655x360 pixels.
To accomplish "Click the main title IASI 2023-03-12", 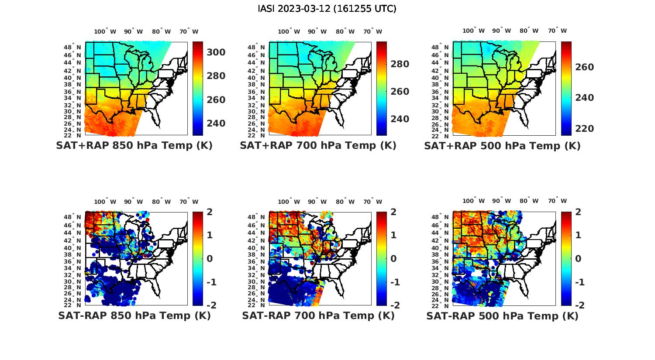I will click(x=327, y=9).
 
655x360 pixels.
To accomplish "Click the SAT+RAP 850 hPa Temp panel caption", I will click(x=134, y=146).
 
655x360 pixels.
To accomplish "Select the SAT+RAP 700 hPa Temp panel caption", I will click(x=318, y=146).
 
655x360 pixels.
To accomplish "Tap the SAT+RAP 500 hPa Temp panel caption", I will click(x=502, y=146).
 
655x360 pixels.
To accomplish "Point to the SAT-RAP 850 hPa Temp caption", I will click(x=134, y=315).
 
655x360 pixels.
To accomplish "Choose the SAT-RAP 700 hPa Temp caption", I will click(x=318, y=315).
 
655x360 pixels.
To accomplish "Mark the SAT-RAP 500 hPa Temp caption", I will click(x=502, y=315).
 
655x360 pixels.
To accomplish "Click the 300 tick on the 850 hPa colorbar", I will click(x=216, y=52).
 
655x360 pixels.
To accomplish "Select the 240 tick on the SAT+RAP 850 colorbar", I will click(x=216, y=123).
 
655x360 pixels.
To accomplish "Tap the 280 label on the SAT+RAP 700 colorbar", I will click(x=400, y=64).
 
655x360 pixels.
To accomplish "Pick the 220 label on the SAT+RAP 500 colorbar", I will click(x=584, y=129).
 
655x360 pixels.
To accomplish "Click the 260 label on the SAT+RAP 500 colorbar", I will click(x=584, y=67).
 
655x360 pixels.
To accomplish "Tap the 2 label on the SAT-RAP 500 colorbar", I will click(x=578, y=212).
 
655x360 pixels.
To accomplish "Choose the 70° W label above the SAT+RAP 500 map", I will click(x=557, y=31).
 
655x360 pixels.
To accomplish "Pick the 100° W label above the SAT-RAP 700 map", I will click(x=289, y=202).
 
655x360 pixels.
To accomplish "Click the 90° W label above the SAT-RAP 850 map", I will click(x=133, y=202).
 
